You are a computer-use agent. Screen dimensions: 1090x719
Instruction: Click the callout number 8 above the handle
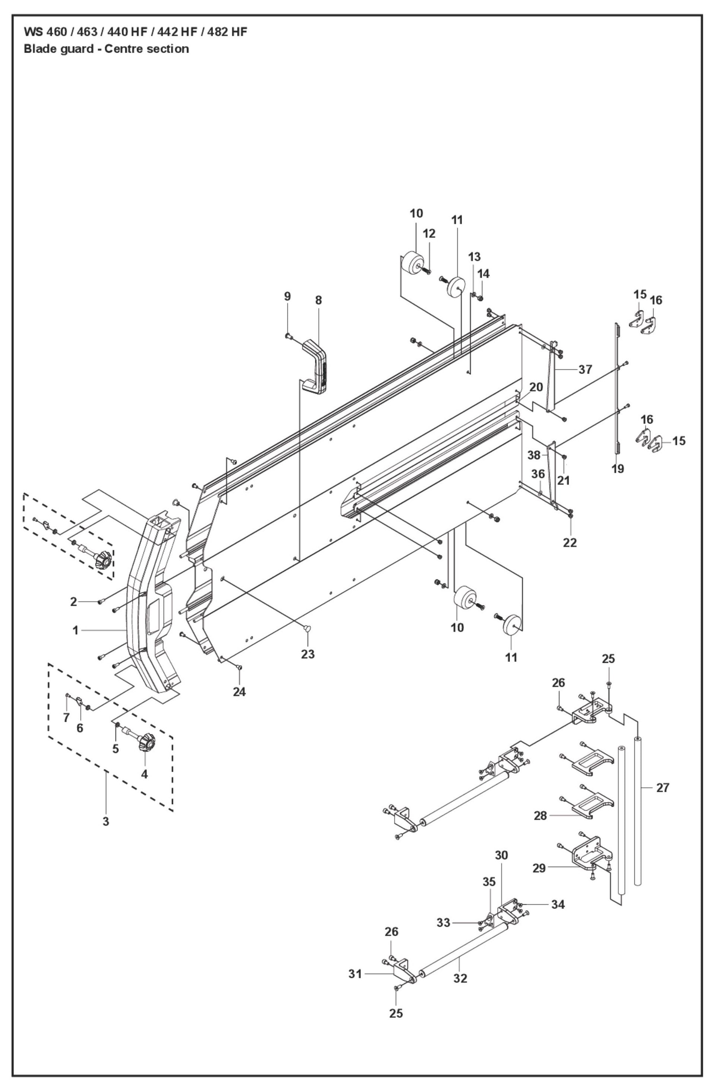point(318,300)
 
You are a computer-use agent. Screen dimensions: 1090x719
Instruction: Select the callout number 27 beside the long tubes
point(663,788)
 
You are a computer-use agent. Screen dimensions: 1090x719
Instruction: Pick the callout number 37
point(585,369)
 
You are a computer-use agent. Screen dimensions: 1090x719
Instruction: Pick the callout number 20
point(536,387)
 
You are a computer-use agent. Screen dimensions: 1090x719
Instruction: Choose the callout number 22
point(570,542)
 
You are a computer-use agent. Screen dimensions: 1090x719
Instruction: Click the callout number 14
point(483,274)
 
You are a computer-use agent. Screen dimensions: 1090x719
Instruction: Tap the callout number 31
point(355,974)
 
